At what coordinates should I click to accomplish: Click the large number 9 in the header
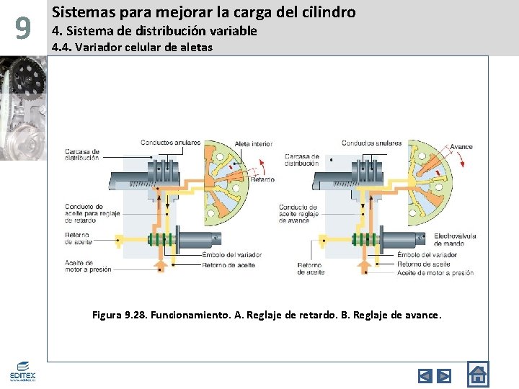coord(23,29)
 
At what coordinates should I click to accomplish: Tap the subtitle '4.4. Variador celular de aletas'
coord(132,48)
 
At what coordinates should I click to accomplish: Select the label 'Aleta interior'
coord(254,144)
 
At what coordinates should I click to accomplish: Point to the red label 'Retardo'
coord(262,179)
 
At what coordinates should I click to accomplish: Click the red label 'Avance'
coord(461,147)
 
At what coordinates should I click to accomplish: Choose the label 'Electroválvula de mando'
coord(454,239)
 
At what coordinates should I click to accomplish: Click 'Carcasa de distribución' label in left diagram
coord(82,154)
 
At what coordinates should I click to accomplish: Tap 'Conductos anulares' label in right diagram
coord(371,143)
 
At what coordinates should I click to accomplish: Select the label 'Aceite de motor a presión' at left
coord(88,266)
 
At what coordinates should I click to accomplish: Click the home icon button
coord(477,374)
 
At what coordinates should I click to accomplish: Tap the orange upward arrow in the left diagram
coord(161,266)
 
